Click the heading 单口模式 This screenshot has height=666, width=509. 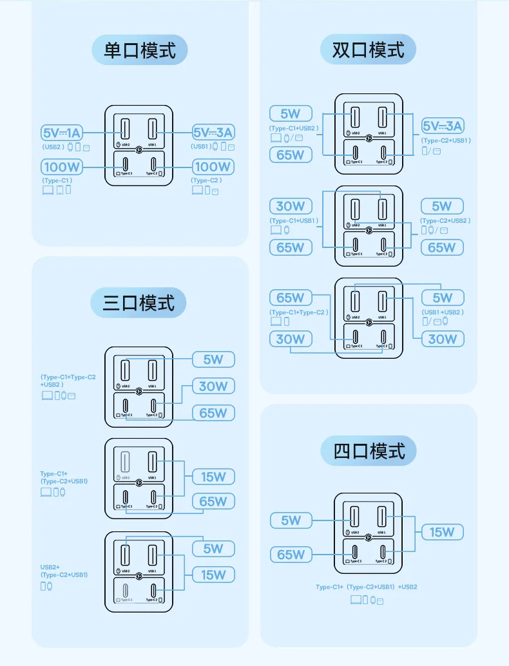pos(140,50)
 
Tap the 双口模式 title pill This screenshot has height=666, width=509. pos(369,49)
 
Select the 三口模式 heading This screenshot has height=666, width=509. pos(139,302)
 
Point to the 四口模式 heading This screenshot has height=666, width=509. pos(369,451)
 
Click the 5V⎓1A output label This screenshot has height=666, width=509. pos(62,133)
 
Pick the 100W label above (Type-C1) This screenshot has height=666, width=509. pos(62,167)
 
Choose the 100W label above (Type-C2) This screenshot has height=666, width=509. pos(213,167)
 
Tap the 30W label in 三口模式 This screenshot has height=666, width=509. pos(213,386)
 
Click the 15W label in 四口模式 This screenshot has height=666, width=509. pos(443,532)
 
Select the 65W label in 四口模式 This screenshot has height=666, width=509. pos(291,555)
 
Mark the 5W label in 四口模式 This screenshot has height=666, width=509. pos(291,520)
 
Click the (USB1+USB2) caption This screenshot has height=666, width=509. pos(443,312)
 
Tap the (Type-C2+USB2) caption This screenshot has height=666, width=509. pos(446,220)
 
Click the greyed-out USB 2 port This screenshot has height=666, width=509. pos(125,462)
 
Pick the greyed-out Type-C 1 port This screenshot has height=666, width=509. pos(125,589)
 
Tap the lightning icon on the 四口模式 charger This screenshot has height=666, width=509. pos(368,537)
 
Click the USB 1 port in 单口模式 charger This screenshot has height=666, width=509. pos(153,128)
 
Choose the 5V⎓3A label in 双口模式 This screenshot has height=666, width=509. pos(443,126)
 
